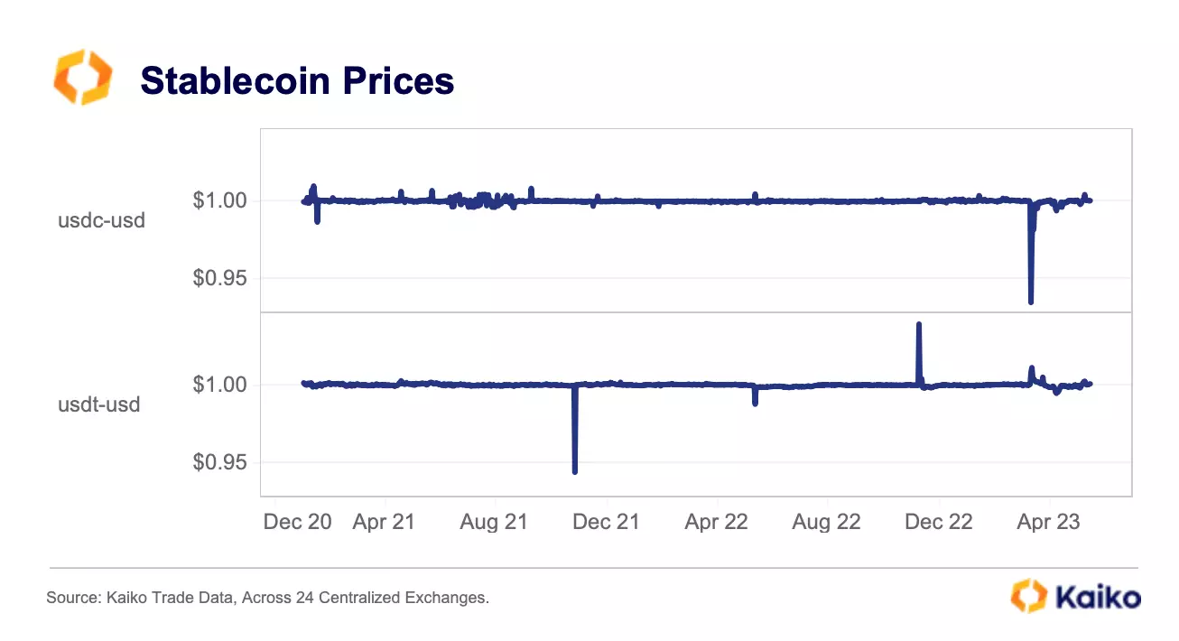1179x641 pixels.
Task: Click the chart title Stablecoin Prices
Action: click(x=297, y=81)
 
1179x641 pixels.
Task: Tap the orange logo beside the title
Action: click(x=82, y=77)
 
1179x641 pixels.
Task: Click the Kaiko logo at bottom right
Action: click(x=1075, y=596)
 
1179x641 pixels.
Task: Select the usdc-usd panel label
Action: click(x=101, y=219)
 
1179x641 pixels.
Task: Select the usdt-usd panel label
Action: click(x=99, y=404)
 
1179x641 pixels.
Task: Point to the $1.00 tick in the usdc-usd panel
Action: click(x=220, y=200)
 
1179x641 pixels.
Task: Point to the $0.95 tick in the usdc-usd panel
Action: click(x=220, y=278)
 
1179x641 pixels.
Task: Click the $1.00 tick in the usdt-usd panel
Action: click(x=220, y=385)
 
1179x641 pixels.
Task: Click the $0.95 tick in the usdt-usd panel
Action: click(x=220, y=462)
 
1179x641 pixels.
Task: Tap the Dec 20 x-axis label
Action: click(x=298, y=522)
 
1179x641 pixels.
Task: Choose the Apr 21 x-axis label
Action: click(x=384, y=522)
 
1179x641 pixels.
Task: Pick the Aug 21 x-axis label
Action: click(x=494, y=522)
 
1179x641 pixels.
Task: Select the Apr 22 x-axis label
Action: click(x=716, y=522)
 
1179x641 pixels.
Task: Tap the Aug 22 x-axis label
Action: click(x=826, y=522)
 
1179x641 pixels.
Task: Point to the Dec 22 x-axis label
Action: click(x=939, y=522)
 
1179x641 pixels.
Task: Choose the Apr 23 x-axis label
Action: click(x=1049, y=522)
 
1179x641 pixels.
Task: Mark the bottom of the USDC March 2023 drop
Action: click(x=1031, y=302)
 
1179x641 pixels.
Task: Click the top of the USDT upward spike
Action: click(x=919, y=324)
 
